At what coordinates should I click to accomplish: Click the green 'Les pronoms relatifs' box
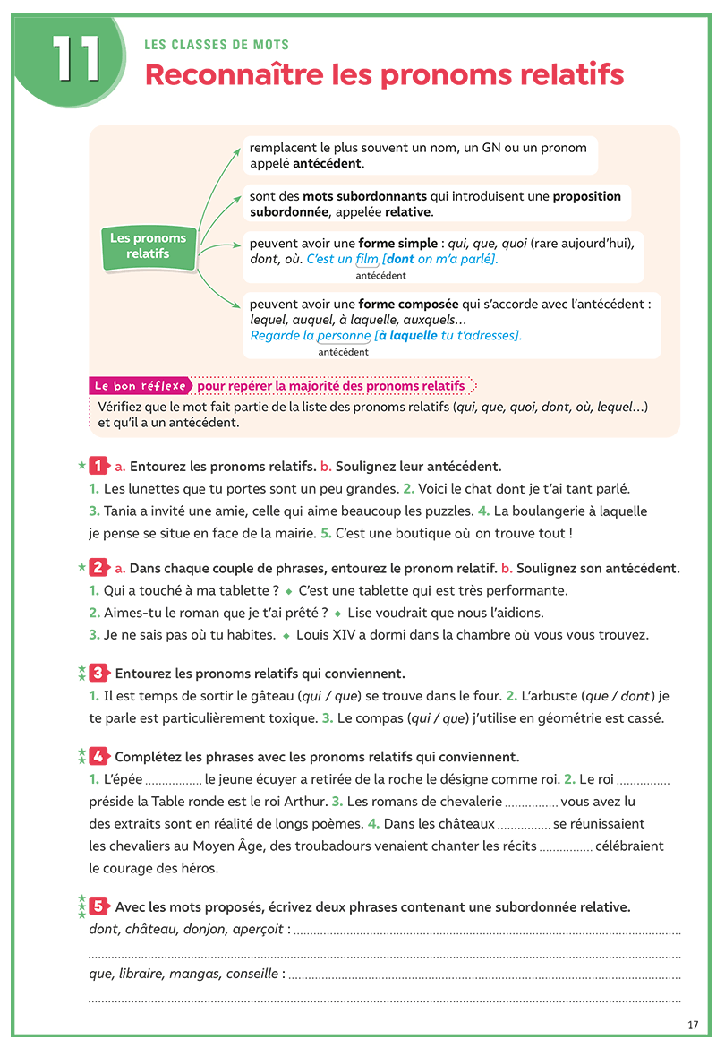tap(149, 245)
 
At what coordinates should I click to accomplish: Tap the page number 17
tap(693, 1025)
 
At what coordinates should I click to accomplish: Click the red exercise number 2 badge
tap(98, 568)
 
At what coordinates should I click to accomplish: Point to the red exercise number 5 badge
tap(98, 906)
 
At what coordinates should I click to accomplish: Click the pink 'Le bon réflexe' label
tap(141, 385)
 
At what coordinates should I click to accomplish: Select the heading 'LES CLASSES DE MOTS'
tap(217, 45)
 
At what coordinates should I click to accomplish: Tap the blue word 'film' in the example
tap(367, 259)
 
